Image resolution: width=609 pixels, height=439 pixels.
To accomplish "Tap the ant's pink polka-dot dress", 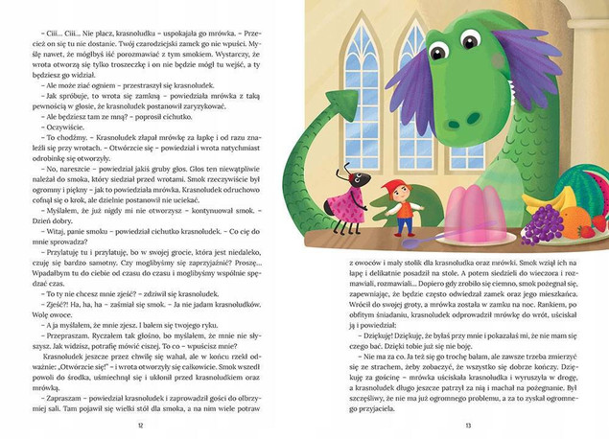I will (349, 203).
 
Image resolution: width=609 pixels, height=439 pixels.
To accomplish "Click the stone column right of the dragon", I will (591, 96).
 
